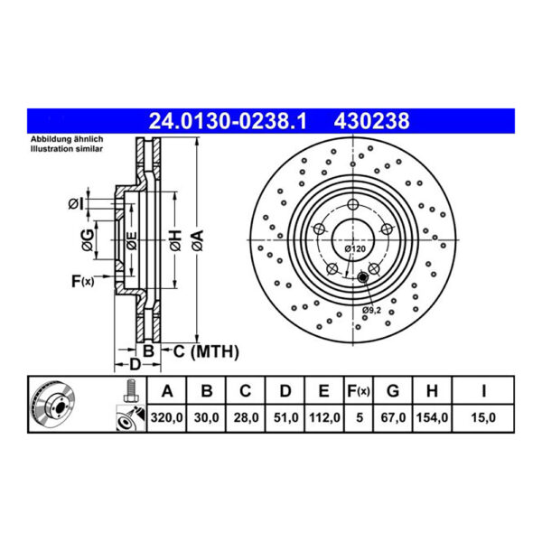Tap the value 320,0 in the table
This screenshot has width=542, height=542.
[166, 417]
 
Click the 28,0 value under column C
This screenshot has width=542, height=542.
[246, 417]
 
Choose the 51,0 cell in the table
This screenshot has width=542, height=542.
[285, 417]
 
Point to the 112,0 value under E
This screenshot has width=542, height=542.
[324, 417]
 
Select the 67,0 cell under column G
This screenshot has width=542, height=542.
[392, 417]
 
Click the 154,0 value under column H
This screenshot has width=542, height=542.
[432, 417]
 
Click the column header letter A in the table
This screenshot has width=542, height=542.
[166, 391]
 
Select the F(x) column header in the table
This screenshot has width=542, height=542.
[359, 391]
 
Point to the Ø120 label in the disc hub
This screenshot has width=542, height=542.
[355, 248]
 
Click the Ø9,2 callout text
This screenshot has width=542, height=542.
[371, 311]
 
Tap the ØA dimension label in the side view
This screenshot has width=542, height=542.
[198, 238]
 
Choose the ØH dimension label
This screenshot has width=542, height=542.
[174, 238]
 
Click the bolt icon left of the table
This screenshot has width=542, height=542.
[127, 391]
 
